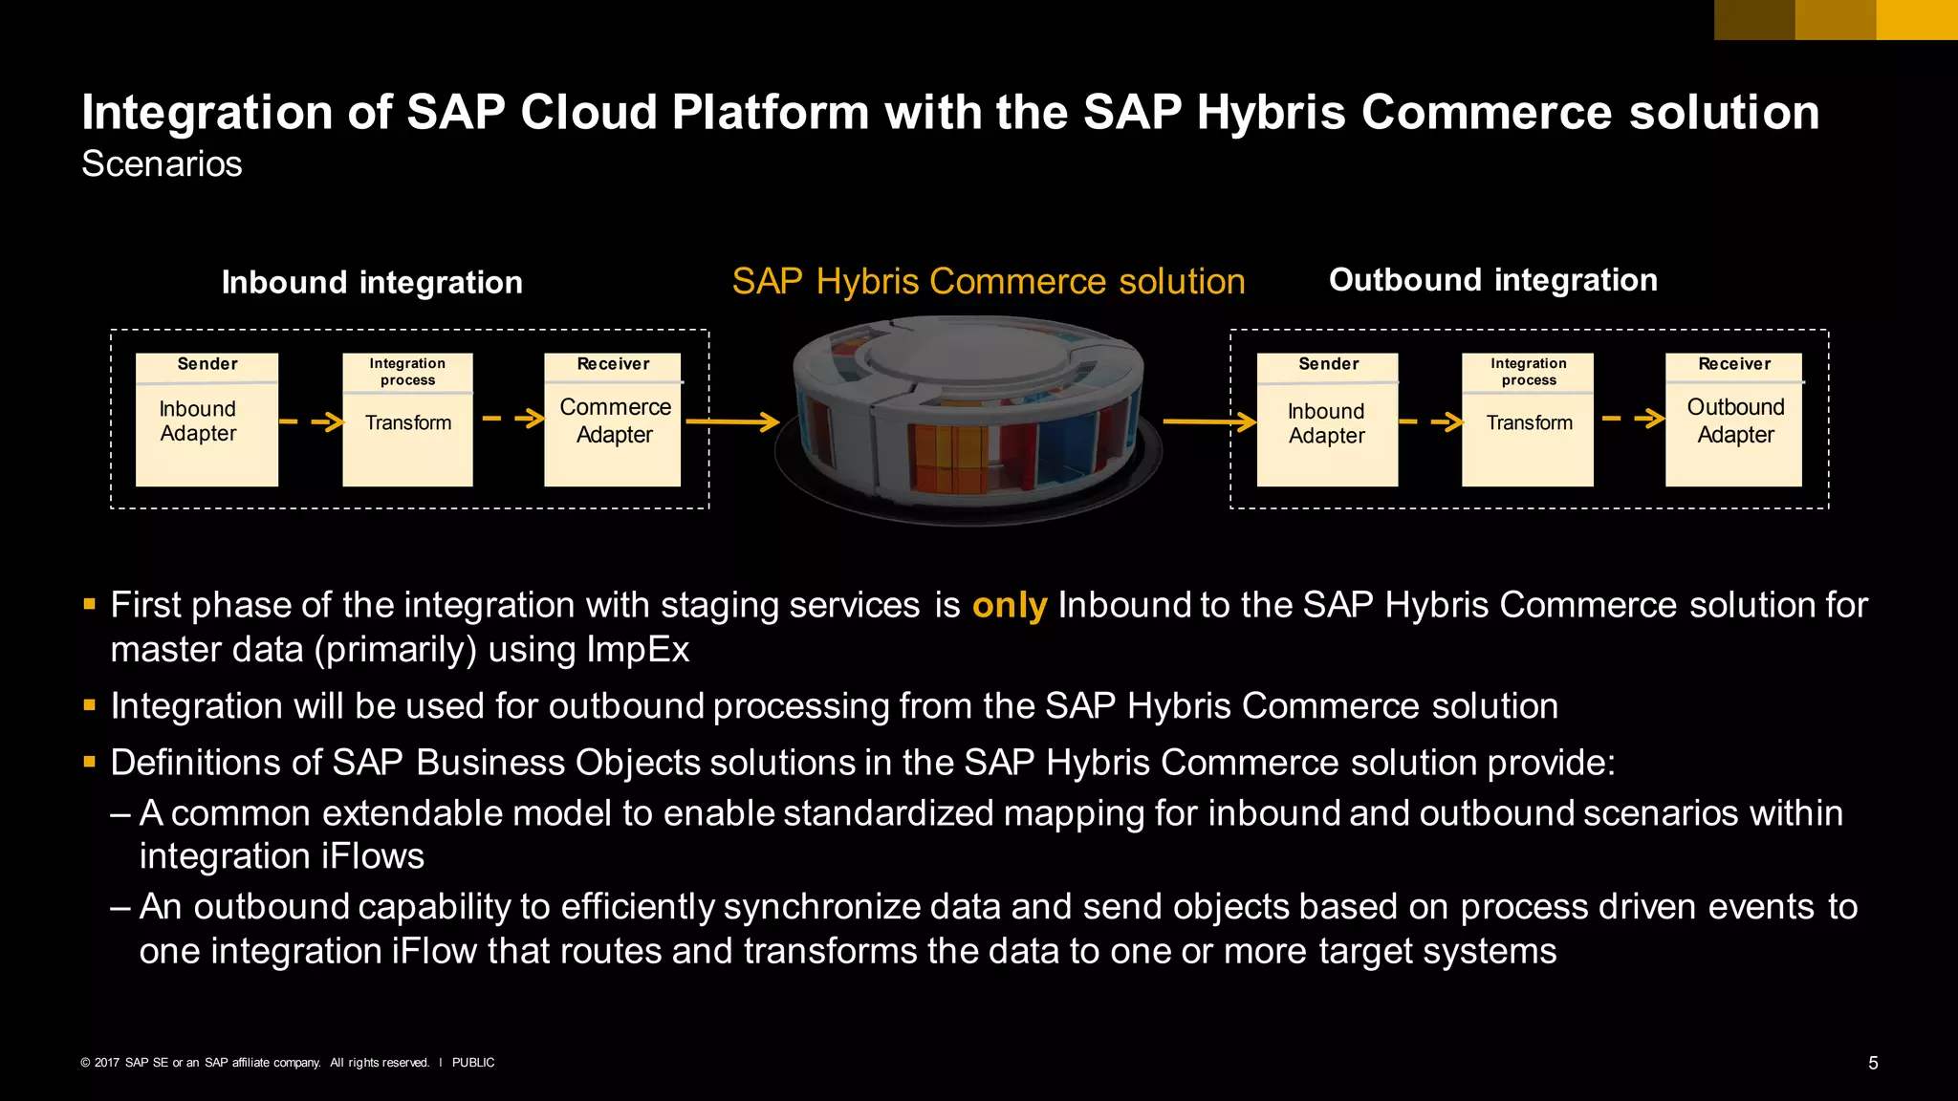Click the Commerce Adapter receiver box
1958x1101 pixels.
[613, 420]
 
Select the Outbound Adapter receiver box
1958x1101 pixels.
[1733, 420]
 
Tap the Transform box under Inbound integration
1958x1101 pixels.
[407, 420]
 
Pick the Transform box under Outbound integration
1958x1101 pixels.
[1528, 420]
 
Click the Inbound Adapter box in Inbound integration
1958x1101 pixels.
[207, 420]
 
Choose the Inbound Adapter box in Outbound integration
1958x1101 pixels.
[1327, 420]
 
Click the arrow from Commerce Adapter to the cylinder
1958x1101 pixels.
[732, 421]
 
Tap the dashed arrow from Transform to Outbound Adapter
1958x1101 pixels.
[1633, 418]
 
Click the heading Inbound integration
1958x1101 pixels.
[372, 283]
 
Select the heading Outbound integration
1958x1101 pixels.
[1492, 280]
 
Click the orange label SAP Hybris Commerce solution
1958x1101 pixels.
[989, 282]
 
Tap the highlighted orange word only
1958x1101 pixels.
[1009, 606]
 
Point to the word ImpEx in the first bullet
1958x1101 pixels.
[638, 650]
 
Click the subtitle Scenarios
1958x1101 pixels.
[162, 164]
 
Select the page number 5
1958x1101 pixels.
[1873, 1063]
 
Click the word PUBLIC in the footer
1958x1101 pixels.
[473, 1063]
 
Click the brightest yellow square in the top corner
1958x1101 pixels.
[1917, 19]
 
